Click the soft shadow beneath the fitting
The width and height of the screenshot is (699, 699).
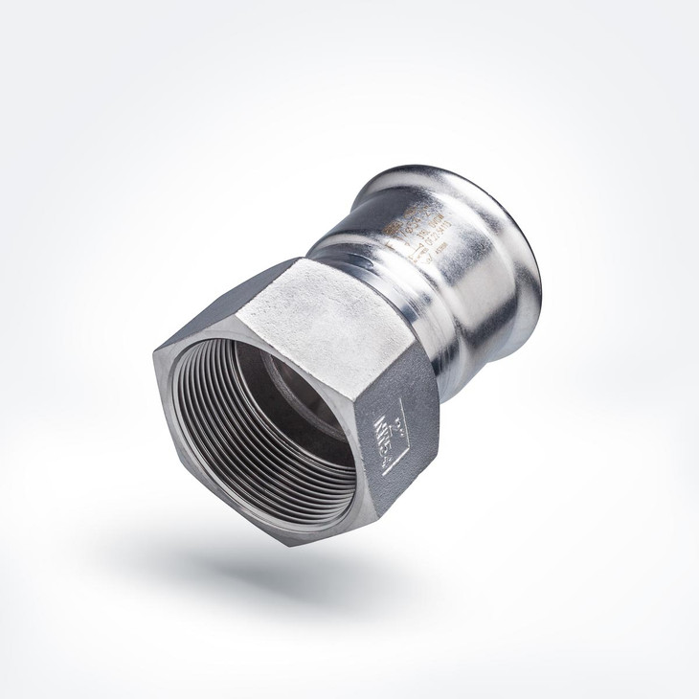coord(287,575)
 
